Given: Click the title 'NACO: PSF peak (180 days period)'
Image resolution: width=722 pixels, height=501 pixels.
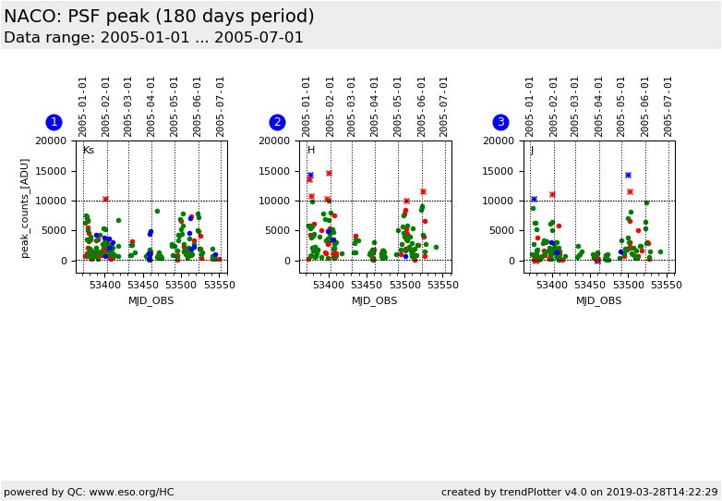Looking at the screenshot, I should [x=159, y=17].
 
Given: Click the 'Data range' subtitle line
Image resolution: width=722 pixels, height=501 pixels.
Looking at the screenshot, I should [x=153, y=38].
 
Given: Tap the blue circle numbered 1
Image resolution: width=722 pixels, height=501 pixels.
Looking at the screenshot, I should [x=54, y=122].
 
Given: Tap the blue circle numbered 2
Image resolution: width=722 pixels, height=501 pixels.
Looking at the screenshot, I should [x=277, y=122].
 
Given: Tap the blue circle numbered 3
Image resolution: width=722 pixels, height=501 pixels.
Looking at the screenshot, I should [x=500, y=122].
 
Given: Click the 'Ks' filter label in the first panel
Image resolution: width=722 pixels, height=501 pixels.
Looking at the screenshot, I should [x=89, y=150].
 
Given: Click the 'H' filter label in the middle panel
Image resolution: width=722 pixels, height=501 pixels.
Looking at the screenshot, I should [x=311, y=150].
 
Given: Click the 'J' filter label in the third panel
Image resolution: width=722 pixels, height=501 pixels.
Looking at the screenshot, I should [x=532, y=150].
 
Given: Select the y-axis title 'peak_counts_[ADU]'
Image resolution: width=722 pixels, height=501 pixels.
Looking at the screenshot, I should [x=25, y=206].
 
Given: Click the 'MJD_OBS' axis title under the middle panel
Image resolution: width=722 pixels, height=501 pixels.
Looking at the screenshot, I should [x=375, y=300].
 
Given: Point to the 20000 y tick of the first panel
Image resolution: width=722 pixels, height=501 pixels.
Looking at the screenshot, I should [x=50, y=141].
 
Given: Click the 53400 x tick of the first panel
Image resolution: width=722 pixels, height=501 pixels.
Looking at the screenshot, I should [x=105, y=286].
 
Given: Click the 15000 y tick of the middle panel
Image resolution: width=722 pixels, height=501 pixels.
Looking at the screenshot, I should [x=274, y=171].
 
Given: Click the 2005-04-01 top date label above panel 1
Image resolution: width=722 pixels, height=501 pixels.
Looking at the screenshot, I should [x=151, y=106].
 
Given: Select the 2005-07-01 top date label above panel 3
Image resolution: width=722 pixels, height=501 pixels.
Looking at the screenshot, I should [x=668, y=106].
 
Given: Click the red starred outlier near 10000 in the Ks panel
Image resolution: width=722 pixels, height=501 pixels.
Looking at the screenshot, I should [x=105, y=199].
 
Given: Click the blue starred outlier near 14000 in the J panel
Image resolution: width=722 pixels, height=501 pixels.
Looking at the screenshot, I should [x=628, y=175].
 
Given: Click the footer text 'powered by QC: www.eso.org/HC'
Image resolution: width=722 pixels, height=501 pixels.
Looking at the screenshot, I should [x=89, y=492].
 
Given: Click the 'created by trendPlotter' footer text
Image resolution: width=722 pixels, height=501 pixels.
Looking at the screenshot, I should [x=579, y=492].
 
